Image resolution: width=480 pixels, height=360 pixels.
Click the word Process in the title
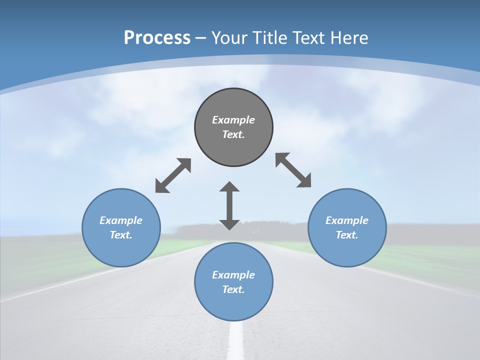(x=157, y=38)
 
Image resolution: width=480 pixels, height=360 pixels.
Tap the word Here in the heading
(x=349, y=38)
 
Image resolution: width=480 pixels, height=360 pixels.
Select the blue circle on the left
(x=121, y=250)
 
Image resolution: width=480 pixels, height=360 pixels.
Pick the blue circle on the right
(x=347, y=250)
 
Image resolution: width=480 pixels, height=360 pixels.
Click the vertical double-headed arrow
(x=229, y=205)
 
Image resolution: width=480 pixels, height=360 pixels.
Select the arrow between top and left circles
(x=173, y=175)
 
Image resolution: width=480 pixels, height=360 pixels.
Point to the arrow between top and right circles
(x=293, y=170)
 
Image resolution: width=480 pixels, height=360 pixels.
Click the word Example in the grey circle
(x=233, y=120)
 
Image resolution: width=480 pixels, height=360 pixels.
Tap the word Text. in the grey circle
(x=233, y=134)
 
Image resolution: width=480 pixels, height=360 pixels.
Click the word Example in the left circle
(x=121, y=220)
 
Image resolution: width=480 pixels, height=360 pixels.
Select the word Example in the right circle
(x=347, y=220)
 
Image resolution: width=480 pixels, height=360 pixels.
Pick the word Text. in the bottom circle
(x=233, y=289)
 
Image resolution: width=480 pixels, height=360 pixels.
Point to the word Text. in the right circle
(x=347, y=235)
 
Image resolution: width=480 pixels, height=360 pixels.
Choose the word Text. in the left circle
(x=121, y=235)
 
